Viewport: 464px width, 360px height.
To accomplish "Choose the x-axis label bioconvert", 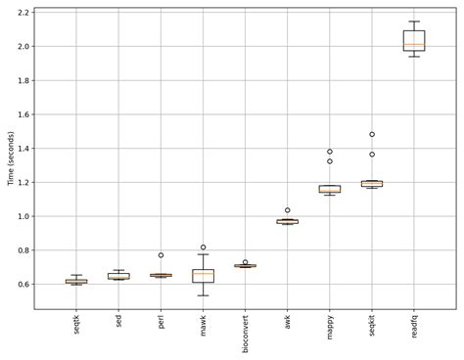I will tap(245, 332).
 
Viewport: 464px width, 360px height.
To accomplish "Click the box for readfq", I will tap(413, 40).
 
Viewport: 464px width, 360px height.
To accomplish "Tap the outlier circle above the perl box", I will tap(161, 255).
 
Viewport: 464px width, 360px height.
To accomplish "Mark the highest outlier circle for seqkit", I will tap(371, 134).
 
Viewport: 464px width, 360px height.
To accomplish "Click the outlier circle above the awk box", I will tap(287, 210).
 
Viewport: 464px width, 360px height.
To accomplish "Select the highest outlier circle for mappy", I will tap(329, 152).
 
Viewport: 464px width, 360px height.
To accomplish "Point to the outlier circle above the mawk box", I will tap(203, 247).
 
